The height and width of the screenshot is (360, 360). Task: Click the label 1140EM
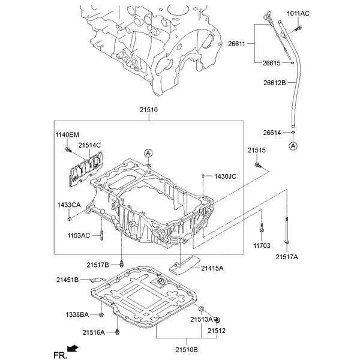[x=67, y=134]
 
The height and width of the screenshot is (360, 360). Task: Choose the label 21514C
[x=89, y=145]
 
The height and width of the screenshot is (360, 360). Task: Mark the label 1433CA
[x=70, y=206]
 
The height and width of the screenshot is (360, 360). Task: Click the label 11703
[x=262, y=245]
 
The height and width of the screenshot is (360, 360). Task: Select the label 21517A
[x=287, y=257]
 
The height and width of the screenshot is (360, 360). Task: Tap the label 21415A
[x=212, y=268]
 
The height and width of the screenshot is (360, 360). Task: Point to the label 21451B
[x=68, y=280]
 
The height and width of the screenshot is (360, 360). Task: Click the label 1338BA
[x=77, y=314]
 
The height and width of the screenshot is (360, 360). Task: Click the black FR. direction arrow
[x=73, y=348]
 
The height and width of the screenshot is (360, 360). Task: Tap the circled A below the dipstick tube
[x=293, y=146]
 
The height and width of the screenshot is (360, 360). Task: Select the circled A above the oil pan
[x=147, y=154]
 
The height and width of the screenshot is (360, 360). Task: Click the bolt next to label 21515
[x=257, y=164]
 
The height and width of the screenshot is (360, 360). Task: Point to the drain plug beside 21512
[x=218, y=322]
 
